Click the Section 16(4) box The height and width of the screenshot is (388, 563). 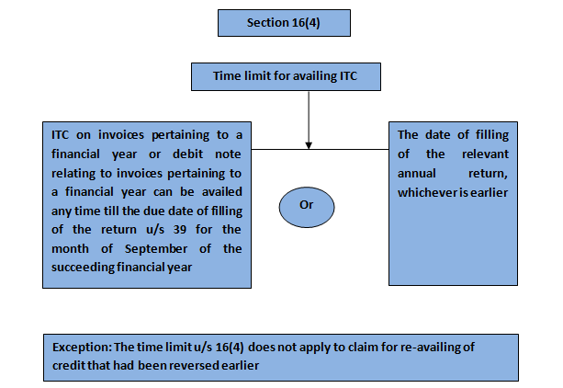click(284, 23)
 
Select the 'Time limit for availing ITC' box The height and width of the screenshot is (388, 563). click(286, 76)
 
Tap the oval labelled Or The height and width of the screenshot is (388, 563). click(307, 207)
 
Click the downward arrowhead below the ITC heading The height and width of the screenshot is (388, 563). click(309, 145)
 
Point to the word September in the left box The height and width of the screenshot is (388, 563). click(156, 249)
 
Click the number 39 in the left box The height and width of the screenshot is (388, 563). click(179, 230)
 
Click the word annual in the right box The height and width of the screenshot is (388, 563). click(416, 174)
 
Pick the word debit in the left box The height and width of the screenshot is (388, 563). click(187, 154)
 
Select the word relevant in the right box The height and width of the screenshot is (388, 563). click(485, 154)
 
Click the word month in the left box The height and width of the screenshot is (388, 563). click(70, 249)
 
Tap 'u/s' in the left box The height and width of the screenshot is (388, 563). click(155, 230)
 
